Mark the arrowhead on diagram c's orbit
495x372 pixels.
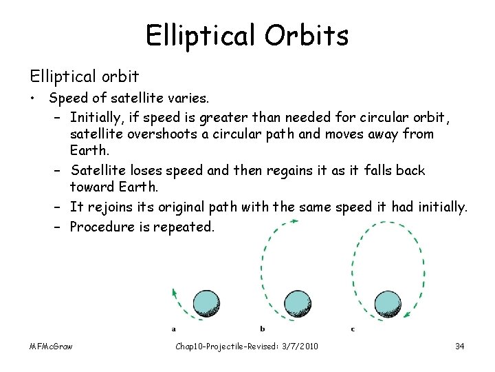tap(407, 317)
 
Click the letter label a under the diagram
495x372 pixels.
tap(173, 329)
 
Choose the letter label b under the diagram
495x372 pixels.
tap(263, 329)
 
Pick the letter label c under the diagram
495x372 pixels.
tap(353, 329)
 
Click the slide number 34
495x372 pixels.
tap(460, 346)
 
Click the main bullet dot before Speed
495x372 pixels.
tap(32, 99)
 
